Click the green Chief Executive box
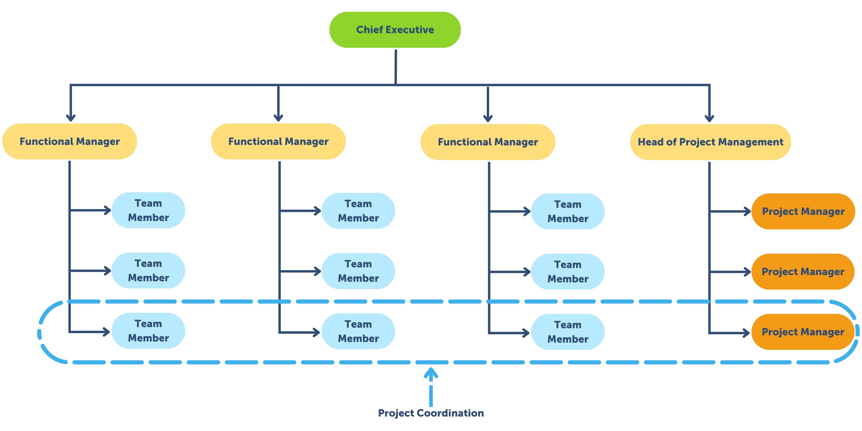point(395,30)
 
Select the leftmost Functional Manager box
point(70,141)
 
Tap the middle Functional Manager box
point(278,141)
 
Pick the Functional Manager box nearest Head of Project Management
point(488,142)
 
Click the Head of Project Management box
point(710,142)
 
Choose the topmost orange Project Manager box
point(803,212)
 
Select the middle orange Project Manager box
point(803,272)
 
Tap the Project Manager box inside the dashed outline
point(803,332)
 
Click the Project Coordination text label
point(431,413)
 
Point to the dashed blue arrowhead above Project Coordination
point(431,373)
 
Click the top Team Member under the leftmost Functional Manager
point(148,210)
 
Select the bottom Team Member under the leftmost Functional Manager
point(148,331)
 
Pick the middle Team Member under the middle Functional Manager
point(358,271)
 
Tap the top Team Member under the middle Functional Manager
point(358,211)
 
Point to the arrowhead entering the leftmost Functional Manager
point(71,117)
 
